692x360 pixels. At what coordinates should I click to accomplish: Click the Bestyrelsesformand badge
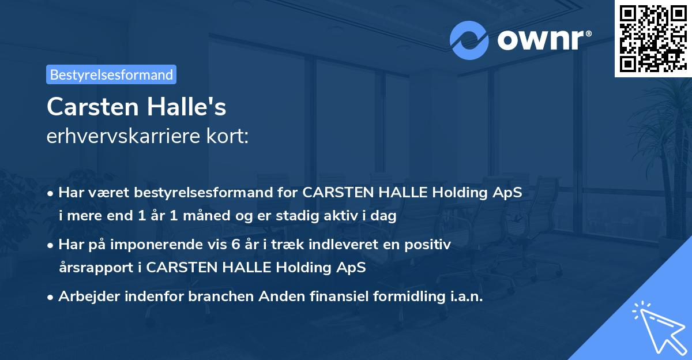111,74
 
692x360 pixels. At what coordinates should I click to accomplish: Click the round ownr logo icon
469,40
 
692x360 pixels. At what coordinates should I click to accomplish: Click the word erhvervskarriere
123,136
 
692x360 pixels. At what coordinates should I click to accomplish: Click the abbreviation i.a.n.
464,297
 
